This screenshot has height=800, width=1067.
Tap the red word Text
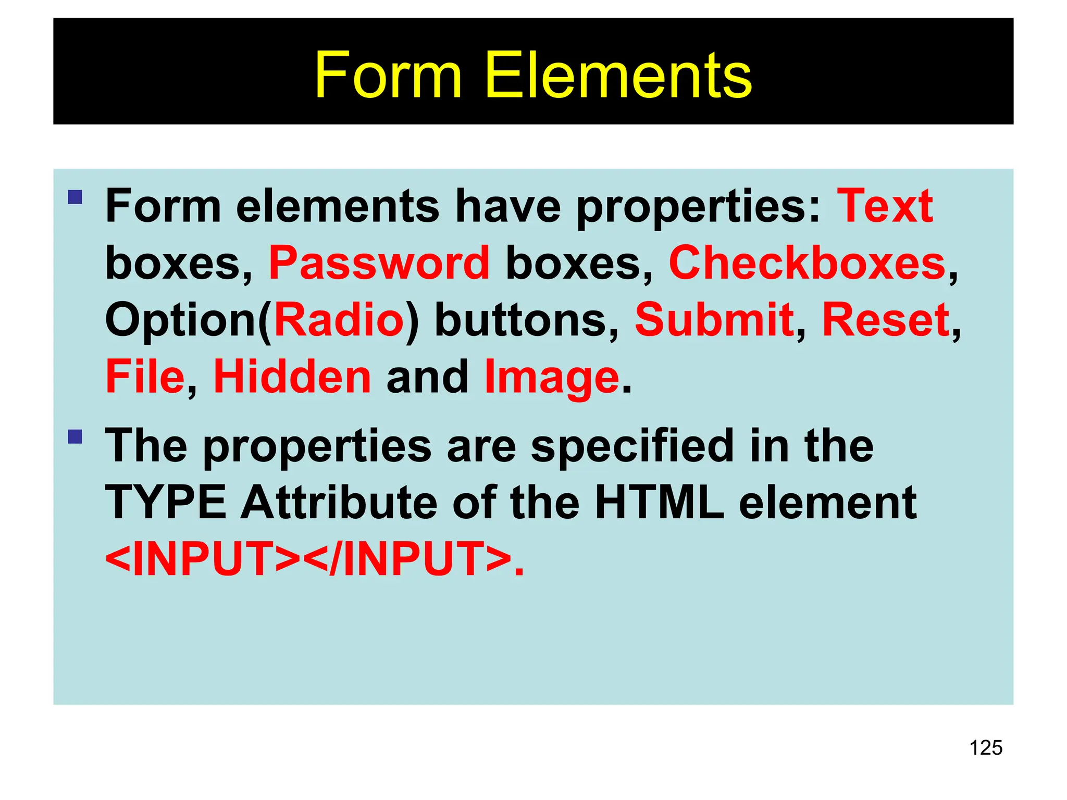click(x=885, y=206)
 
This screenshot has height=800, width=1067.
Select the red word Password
click(x=379, y=264)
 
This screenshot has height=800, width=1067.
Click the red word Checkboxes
click(x=807, y=263)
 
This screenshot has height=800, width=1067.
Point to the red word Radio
click(x=339, y=320)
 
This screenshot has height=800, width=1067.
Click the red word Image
click(x=552, y=377)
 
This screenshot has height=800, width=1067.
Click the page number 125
click(x=986, y=747)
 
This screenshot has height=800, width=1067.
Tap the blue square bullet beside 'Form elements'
click(x=75, y=197)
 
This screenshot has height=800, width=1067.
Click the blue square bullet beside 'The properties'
click(x=75, y=436)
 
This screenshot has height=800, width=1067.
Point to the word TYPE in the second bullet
click(x=166, y=503)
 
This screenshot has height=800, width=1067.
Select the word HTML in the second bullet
click(x=659, y=503)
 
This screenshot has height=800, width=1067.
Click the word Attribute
click(x=339, y=503)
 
